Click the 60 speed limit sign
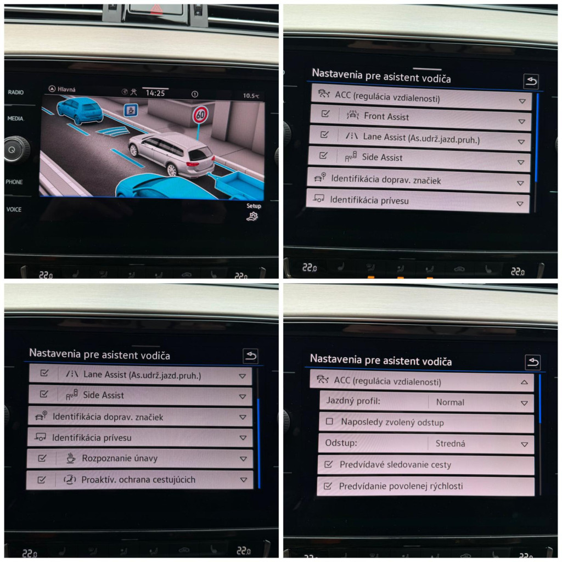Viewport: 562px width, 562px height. point(200,115)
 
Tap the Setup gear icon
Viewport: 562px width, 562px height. point(252,216)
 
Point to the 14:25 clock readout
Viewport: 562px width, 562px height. point(155,93)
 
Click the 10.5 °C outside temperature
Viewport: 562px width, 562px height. point(251,95)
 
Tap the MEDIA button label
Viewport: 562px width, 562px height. point(15,119)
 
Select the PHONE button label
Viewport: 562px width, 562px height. point(14,182)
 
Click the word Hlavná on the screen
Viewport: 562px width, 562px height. point(66,89)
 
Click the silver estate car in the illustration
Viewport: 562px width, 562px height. point(172,154)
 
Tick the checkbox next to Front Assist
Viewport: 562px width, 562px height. point(325,114)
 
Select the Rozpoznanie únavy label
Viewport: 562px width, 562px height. point(120,458)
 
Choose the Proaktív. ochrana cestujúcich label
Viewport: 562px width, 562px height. point(138,480)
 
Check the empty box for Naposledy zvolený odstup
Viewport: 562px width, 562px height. point(329,421)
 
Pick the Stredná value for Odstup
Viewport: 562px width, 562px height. point(450,443)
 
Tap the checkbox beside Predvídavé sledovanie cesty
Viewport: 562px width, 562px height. point(328,464)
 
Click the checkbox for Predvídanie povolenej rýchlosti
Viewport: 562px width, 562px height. point(328,486)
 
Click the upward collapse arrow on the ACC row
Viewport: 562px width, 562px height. point(524,382)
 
